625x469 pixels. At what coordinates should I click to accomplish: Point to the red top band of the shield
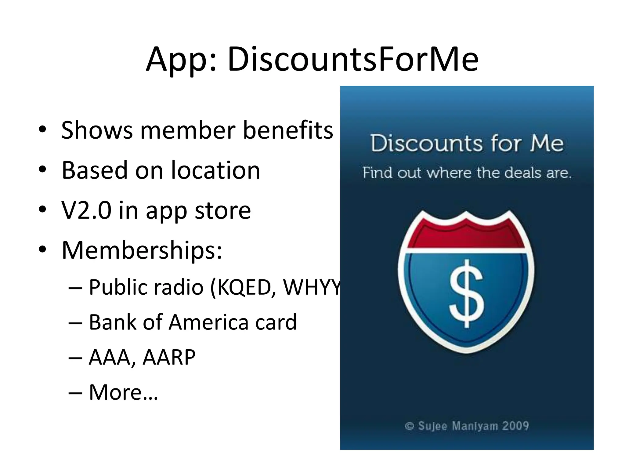(466, 237)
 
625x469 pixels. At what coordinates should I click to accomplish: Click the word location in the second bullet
(215, 170)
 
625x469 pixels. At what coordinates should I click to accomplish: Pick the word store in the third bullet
(223, 211)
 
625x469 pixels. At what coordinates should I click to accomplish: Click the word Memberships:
(142, 250)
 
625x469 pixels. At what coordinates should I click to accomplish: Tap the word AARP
(169, 357)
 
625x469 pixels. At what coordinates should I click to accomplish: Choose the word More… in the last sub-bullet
(123, 392)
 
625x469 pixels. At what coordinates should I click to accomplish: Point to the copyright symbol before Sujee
(409, 426)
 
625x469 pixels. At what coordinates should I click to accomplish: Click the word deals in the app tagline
(524, 173)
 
